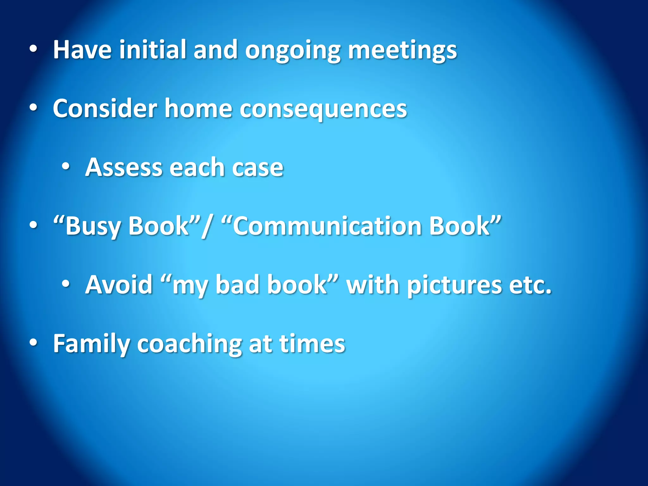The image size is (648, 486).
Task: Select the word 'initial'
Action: (x=152, y=50)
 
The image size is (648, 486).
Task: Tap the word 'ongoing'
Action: (x=293, y=51)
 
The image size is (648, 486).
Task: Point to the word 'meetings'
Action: (x=402, y=51)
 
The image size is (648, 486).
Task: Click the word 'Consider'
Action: (x=105, y=109)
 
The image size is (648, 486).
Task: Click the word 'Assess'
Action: (x=124, y=167)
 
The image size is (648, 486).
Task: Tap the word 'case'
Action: (x=258, y=168)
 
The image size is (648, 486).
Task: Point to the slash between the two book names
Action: (x=207, y=227)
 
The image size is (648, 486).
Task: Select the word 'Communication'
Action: (x=327, y=226)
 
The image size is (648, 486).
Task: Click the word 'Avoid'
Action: (x=119, y=284)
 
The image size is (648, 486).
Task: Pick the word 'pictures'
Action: (x=454, y=286)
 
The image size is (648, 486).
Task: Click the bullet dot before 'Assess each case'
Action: (x=66, y=166)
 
